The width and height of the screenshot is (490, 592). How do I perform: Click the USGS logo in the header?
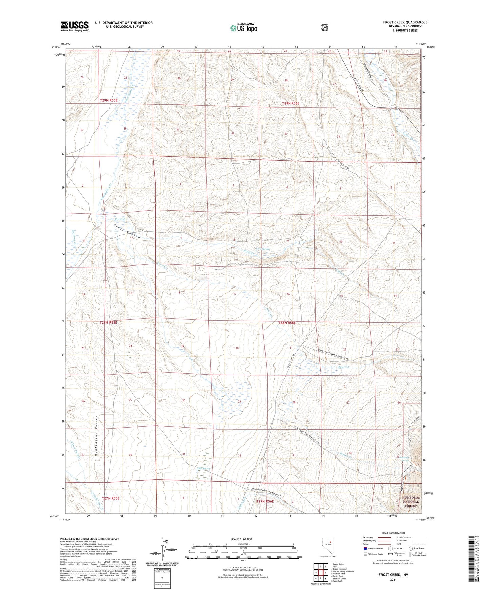(75, 26)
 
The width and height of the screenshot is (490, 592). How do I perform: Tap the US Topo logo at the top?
(243, 28)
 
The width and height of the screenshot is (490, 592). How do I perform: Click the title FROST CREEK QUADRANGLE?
(405, 22)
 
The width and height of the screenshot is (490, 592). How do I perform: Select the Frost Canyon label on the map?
(127, 232)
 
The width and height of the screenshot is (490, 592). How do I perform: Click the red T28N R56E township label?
(287, 323)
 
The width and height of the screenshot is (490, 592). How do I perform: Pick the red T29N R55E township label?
(109, 100)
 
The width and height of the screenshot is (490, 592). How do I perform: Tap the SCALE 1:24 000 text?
(241, 539)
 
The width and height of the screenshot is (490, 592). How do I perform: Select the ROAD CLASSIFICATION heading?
(393, 533)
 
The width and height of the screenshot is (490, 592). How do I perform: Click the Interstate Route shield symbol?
(365, 548)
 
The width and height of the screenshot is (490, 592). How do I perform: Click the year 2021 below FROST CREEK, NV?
(393, 580)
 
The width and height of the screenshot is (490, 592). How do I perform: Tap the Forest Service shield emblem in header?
(325, 27)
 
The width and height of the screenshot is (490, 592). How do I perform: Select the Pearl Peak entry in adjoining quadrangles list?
(338, 581)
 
